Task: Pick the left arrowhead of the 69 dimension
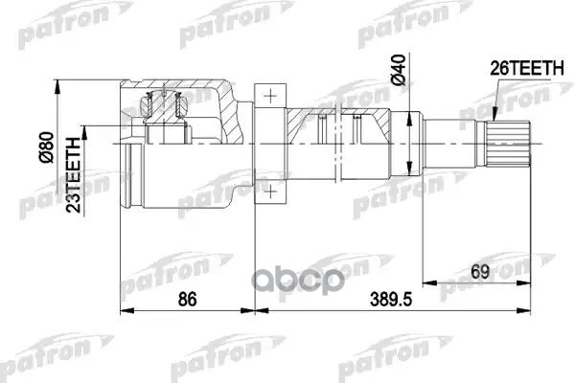(x=425, y=282)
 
